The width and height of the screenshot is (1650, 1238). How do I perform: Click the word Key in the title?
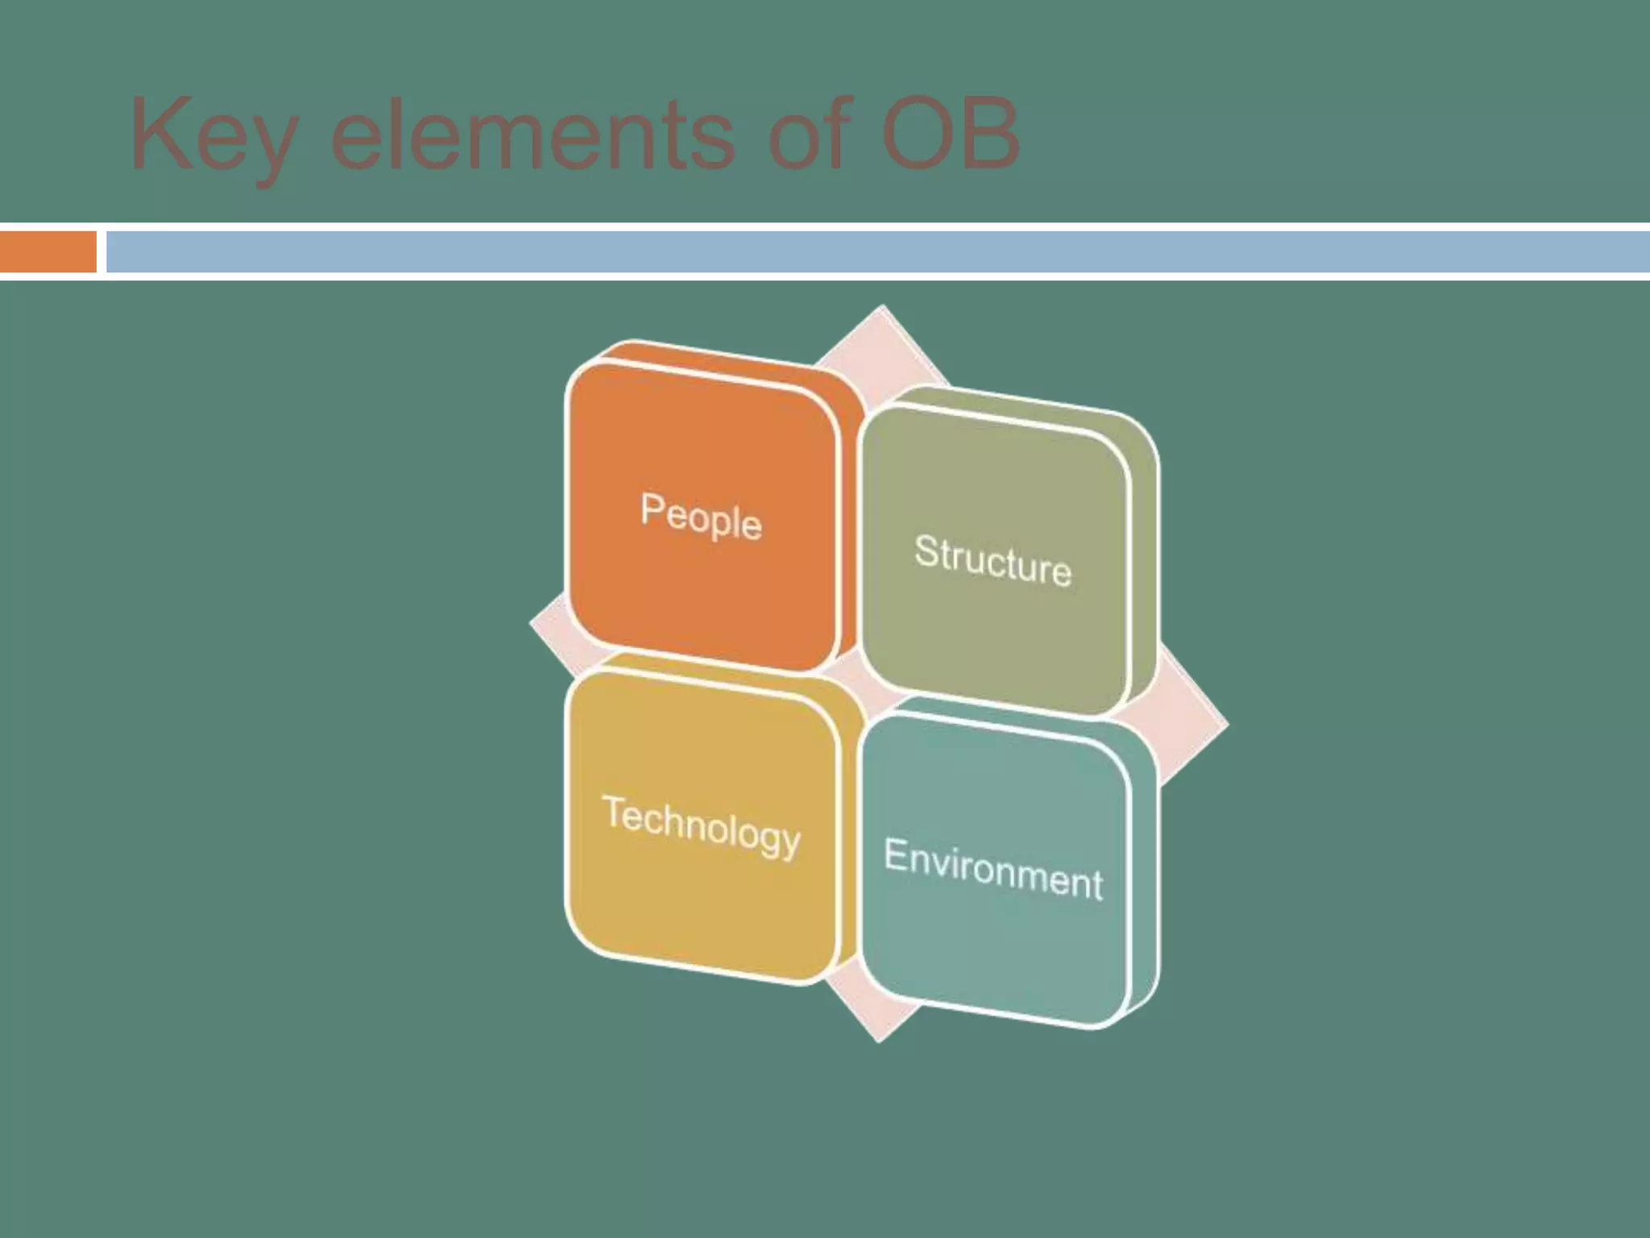click(x=211, y=135)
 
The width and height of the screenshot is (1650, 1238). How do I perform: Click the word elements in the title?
click(x=533, y=134)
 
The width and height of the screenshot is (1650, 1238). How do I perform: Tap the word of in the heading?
click(x=809, y=134)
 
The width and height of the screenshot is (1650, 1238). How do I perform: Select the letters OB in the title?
click(x=951, y=134)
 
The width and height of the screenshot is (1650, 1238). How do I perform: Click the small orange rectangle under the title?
click(x=48, y=251)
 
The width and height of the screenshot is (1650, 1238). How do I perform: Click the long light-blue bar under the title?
click(x=878, y=251)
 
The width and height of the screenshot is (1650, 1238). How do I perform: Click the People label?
click(x=701, y=517)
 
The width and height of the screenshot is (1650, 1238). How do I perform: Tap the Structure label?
click(x=993, y=560)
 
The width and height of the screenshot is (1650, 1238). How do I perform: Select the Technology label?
click(x=702, y=825)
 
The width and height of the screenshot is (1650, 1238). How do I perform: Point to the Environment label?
click(x=993, y=869)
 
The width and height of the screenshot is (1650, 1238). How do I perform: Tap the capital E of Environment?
click(x=895, y=854)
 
